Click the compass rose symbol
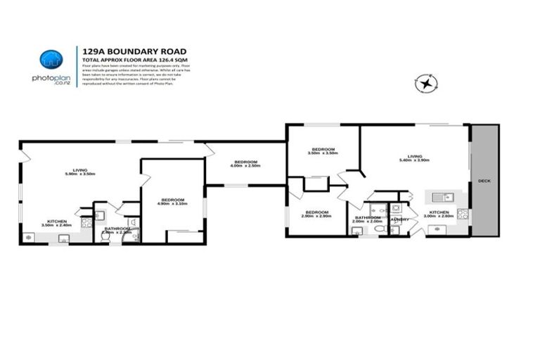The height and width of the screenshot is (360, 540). [425, 84]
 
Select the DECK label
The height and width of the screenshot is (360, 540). [484, 180]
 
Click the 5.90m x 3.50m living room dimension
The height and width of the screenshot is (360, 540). [79, 173]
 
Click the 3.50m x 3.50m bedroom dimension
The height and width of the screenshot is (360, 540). [323, 153]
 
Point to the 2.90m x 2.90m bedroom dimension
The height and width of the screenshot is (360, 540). [316, 215]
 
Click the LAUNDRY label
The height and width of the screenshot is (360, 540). [400, 219]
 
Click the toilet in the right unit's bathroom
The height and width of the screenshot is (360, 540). [378, 229]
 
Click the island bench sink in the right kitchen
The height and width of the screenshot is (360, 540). [438, 198]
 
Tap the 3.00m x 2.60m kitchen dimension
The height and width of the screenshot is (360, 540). [439, 216]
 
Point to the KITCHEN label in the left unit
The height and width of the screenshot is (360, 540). [57, 221]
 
